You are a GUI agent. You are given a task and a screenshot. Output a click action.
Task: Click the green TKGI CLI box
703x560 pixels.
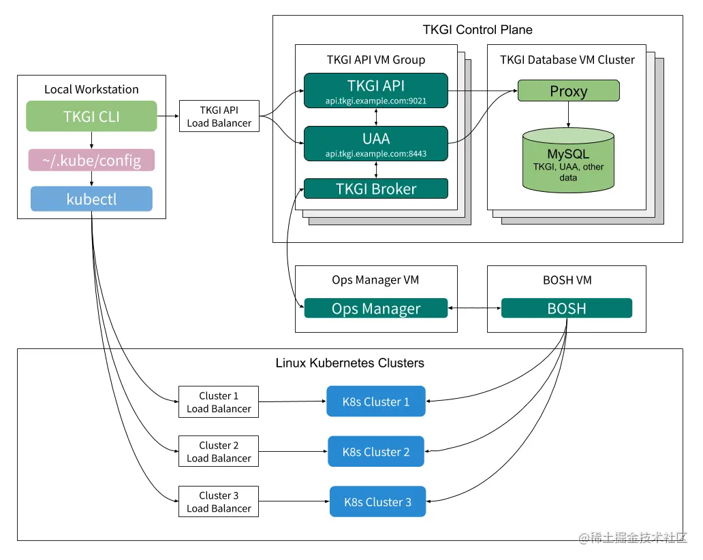coord(91,116)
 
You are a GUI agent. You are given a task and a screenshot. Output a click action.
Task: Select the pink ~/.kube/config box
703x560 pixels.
coord(91,161)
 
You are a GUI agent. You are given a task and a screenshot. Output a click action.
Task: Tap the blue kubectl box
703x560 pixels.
coord(91,199)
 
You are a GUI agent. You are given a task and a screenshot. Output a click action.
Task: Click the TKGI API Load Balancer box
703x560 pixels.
coord(219,116)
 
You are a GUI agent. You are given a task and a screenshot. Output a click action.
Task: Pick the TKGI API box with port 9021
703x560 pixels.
coord(375,90)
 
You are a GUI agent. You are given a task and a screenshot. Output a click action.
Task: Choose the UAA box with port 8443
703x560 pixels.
coord(375,144)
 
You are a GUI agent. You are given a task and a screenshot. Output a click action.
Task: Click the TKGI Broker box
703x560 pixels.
coord(375,188)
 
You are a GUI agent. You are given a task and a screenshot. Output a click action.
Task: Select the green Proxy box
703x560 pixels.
coord(568,91)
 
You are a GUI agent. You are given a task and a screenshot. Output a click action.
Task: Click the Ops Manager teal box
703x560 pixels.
coord(375,308)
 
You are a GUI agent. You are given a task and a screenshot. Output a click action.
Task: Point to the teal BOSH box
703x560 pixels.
coord(566,308)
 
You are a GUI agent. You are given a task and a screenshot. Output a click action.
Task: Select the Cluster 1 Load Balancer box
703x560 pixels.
coord(219,402)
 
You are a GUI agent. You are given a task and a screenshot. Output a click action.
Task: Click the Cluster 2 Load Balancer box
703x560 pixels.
coord(219,452)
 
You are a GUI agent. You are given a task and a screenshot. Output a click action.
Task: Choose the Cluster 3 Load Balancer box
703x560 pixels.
coord(219,501)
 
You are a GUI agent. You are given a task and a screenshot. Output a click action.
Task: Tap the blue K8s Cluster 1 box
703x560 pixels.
coord(376,401)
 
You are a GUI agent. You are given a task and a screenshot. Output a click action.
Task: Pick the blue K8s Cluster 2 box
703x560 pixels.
coord(376,452)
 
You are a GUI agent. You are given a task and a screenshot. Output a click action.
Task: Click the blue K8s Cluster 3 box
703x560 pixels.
coord(377,502)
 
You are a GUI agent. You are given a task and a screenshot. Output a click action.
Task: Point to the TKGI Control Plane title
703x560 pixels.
coord(478,30)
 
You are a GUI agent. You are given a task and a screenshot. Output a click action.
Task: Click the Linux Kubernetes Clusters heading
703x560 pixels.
coord(349,363)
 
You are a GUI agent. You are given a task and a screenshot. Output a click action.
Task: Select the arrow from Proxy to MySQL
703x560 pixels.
coord(568,114)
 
